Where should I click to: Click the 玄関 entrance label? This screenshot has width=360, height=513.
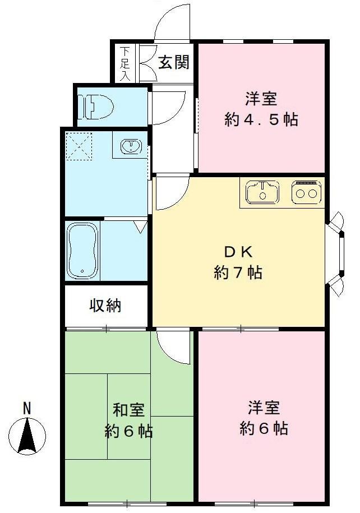click(x=173, y=62)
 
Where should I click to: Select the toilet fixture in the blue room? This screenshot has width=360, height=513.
click(x=96, y=105)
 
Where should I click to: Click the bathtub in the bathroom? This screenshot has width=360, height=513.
click(x=82, y=251)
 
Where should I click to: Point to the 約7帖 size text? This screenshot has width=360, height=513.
click(x=238, y=273)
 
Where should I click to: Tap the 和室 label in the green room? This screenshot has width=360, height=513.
click(x=128, y=410)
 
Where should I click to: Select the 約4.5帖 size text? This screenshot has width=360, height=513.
click(x=261, y=120)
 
